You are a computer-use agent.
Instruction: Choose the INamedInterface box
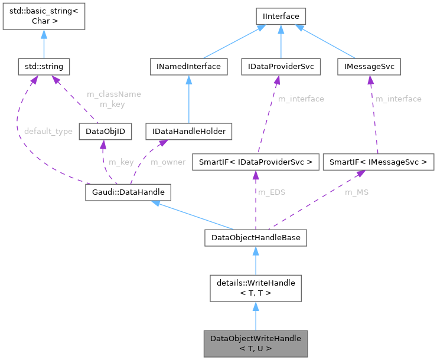pyautogui.click(x=188, y=67)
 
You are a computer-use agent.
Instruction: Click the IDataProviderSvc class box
pyautogui.click(x=281, y=67)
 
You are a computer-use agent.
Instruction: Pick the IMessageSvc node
pyautogui.click(x=369, y=67)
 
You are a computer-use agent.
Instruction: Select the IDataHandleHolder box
pyautogui.click(x=188, y=131)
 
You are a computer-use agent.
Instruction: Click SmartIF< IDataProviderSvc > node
pyautogui.click(x=255, y=161)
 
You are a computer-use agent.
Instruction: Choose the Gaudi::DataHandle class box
pyautogui.click(x=128, y=192)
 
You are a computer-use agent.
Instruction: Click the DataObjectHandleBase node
pyautogui.click(x=255, y=238)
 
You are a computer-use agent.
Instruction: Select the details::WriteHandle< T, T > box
pyautogui.click(x=255, y=288)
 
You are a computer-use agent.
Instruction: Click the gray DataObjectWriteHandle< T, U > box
pyautogui.click(x=255, y=343)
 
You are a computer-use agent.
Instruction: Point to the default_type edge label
pyautogui.click(x=48, y=131)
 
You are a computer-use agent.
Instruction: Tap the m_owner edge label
pyautogui.click(x=168, y=162)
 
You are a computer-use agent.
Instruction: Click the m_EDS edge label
pyautogui.click(x=272, y=192)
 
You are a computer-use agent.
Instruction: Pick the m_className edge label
pyautogui.click(x=113, y=94)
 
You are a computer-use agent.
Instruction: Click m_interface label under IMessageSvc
pyautogui.click(x=399, y=99)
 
